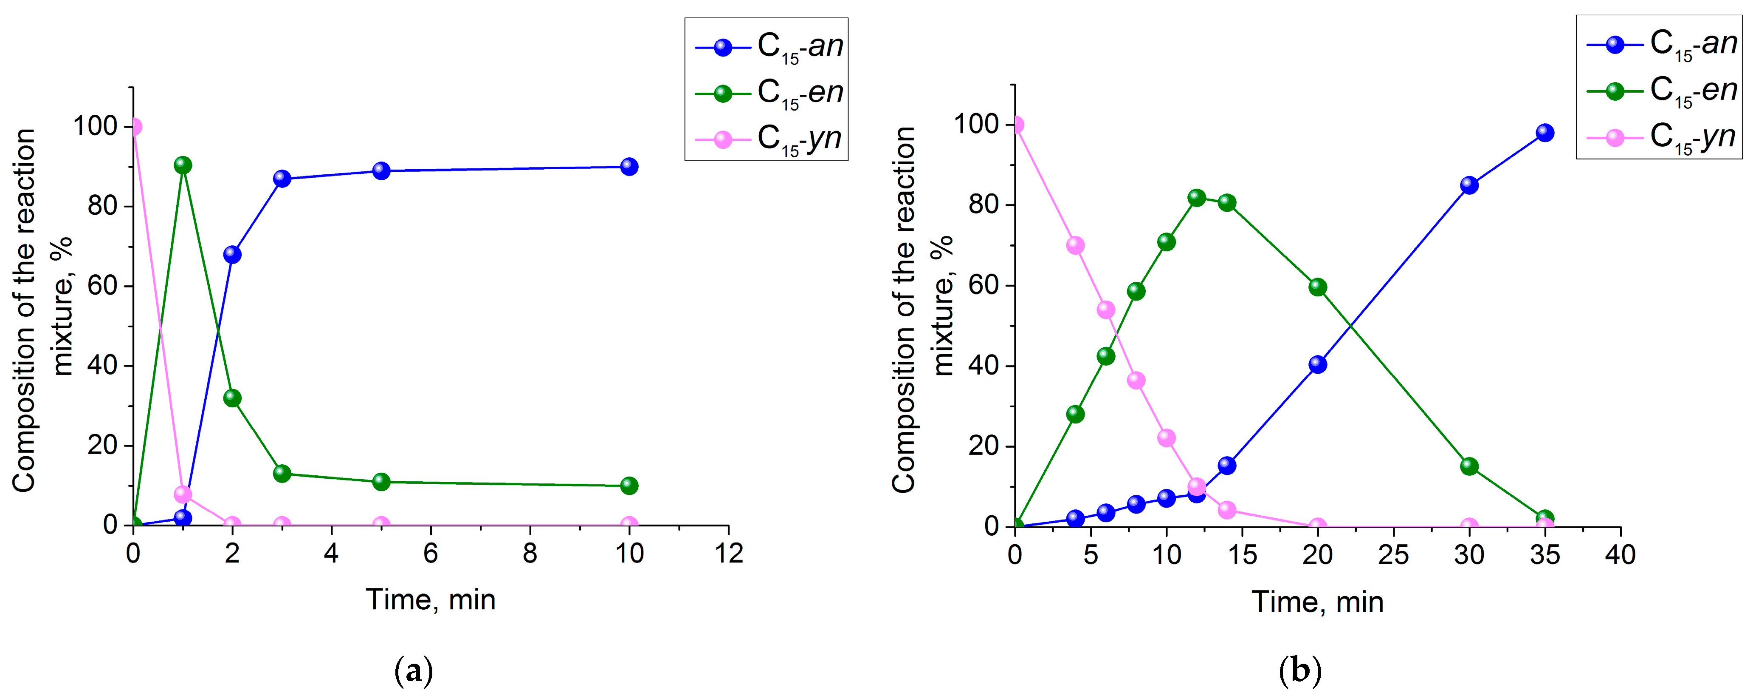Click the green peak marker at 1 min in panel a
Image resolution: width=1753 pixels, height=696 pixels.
(x=182, y=165)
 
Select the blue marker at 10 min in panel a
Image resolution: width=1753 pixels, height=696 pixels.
(x=629, y=167)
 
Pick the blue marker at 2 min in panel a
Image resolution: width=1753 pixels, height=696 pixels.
(x=232, y=255)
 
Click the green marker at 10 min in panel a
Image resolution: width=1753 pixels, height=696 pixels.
(x=629, y=486)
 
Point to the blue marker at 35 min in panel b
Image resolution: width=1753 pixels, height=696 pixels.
(x=1545, y=133)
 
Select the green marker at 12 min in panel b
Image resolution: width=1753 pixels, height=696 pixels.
(x=1196, y=198)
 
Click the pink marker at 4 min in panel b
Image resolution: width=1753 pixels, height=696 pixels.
(x=1075, y=245)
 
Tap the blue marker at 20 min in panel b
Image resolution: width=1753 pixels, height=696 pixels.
(x=1317, y=364)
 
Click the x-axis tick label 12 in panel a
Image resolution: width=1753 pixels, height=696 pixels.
(x=729, y=554)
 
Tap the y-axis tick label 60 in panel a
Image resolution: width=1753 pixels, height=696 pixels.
(x=101, y=286)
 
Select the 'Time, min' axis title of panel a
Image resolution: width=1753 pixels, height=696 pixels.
(x=431, y=600)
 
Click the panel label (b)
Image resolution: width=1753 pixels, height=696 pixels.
(x=1300, y=671)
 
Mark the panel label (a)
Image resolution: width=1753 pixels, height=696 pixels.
(x=414, y=671)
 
